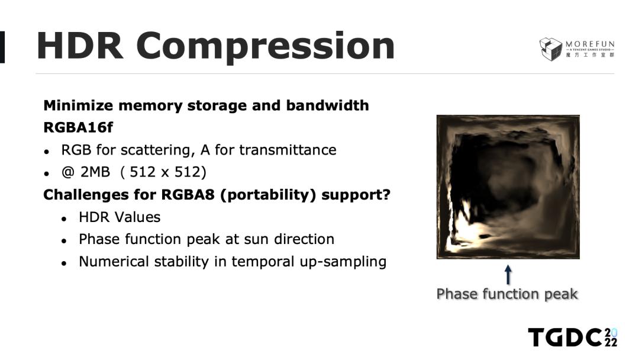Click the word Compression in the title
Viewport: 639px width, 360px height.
pyautogui.click(x=265, y=47)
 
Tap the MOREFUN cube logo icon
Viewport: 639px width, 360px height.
pyautogui.click(x=551, y=49)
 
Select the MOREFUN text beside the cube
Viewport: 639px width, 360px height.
pyautogui.click(x=590, y=44)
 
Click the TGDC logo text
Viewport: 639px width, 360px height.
pyautogui.click(x=565, y=337)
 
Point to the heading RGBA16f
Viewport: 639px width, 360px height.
pyautogui.click(x=78, y=128)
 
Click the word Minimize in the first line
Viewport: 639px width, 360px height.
pyautogui.click(x=78, y=105)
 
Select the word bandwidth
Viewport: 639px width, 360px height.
pyautogui.click(x=327, y=105)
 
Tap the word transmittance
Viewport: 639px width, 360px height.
pyautogui.click(x=288, y=150)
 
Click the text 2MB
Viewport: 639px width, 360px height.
pyautogui.click(x=95, y=172)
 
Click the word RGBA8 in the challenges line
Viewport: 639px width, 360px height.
pyautogui.click(x=188, y=194)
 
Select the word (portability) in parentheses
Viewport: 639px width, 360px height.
pyautogui.click(x=268, y=195)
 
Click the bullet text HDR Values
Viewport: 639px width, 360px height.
pyautogui.click(x=120, y=217)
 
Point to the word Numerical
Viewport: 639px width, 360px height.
pyautogui.click(x=114, y=262)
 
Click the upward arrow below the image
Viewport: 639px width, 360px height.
pyautogui.click(x=508, y=275)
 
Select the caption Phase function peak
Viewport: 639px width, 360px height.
pyautogui.click(x=507, y=294)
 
